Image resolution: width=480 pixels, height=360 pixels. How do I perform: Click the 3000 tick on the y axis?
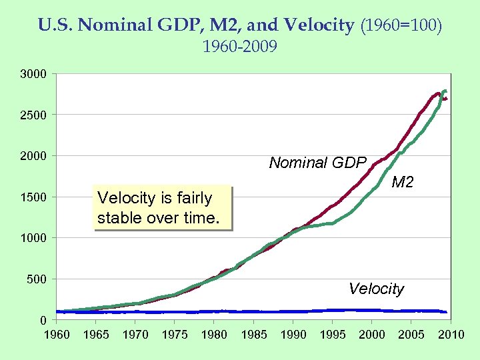tap(33, 74)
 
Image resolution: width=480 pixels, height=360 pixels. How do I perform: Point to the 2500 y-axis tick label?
tap(33, 115)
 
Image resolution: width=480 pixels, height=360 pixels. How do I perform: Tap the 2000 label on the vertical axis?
tap(33, 156)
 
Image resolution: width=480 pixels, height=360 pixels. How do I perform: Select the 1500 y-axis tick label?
tap(33, 197)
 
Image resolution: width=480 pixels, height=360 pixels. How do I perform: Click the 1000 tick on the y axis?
tap(33, 238)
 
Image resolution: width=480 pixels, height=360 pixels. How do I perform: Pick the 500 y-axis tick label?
tap(36, 279)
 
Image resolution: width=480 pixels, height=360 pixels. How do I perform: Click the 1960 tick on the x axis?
tap(57, 334)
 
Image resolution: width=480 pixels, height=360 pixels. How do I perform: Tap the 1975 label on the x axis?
tap(175, 334)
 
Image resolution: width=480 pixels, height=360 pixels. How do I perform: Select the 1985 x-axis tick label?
tap(253, 334)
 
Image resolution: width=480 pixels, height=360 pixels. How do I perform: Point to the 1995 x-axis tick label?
tap(333, 334)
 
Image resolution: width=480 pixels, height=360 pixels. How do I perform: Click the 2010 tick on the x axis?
tap(451, 334)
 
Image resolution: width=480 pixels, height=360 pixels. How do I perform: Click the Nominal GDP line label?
tap(317, 163)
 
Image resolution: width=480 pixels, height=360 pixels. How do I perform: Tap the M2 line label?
tap(402, 181)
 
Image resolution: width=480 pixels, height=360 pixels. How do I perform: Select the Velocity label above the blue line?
tap(376, 289)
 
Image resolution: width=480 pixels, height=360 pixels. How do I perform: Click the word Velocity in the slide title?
tap(319, 26)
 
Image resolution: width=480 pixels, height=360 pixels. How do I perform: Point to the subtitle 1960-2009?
tap(239, 47)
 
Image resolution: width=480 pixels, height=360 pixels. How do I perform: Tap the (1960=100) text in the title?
tap(401, 26)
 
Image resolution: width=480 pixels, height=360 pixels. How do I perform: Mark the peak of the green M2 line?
tap(445, 91)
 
